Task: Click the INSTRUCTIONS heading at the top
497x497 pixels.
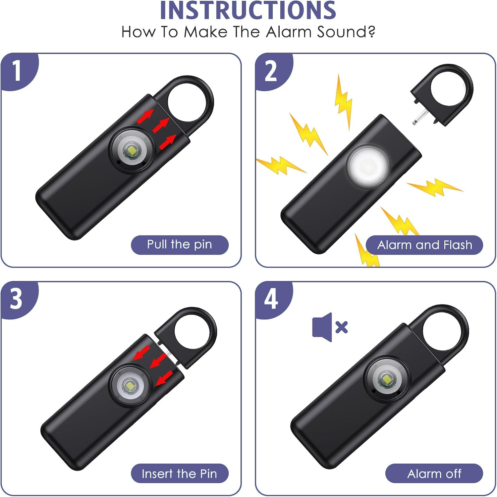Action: click(248, 11)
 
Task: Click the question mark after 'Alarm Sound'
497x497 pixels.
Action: click(371, 32)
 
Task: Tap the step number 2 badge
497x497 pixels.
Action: click(271, 71)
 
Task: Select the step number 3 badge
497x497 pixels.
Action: click(16, 299)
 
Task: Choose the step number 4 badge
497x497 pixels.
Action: click(271, 299)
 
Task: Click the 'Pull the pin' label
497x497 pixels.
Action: click(180, 245)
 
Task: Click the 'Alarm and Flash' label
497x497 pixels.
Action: click(424, 245)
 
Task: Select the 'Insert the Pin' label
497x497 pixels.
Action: click(179, 474)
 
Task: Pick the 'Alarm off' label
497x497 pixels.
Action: click(434, 474)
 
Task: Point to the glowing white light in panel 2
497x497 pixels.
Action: click(368, 165)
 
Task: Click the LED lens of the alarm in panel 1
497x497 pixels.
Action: click(132, 150)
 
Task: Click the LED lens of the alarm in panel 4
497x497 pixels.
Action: click(386, 378)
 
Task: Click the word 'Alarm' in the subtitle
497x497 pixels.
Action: click(289, 32)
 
